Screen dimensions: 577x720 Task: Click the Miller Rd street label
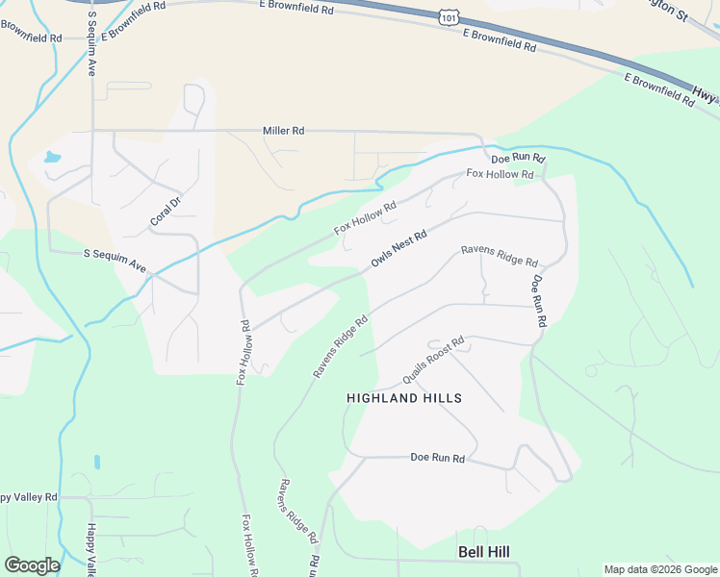pyautogui.click(x=283, y=131)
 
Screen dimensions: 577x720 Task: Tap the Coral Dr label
pyautogui.click(x=166, y=211)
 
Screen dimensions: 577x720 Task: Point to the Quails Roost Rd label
pyautogui.click(x=433, y=360)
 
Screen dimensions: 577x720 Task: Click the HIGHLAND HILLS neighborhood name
pyautogui.click(x=404, y=398)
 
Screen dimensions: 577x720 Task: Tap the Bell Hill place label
pyautogui.click(x=483, y=552)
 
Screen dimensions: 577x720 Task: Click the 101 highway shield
pyautogui.click(x=448, y=17)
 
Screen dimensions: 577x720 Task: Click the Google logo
pyautogui.click(x=32, y=565)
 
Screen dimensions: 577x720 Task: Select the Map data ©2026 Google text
pyautogui.click(x=660, y=569)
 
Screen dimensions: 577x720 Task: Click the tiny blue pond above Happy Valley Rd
pyautogui.click(x=97, y=462)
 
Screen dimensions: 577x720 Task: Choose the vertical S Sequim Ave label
pyautogui.click(x=92, y=44)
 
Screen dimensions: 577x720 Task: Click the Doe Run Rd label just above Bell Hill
pyautogui.click(x=438, y=459)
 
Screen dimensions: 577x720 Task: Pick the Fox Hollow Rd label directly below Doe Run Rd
pyautogui.click(x=500, y=174)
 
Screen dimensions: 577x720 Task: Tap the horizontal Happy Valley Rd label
pyautogui.click(x=29, y=497)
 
